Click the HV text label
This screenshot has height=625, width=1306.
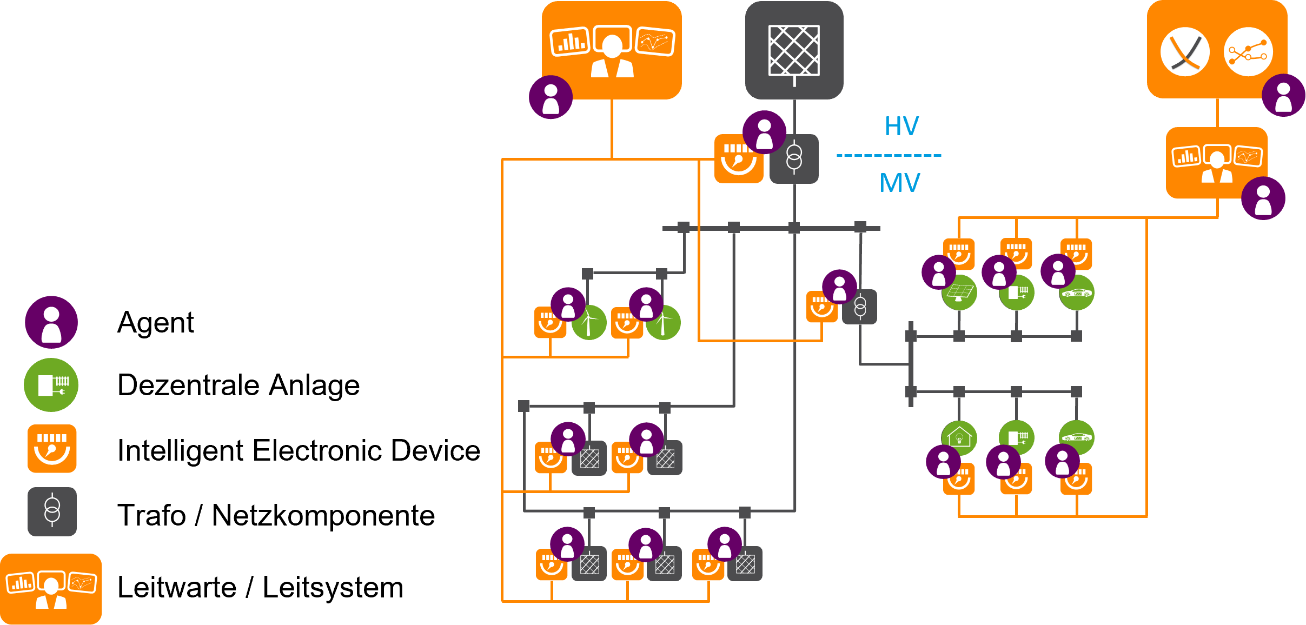click(x=901, y=126)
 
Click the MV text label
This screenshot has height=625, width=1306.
click(x=900, y=183)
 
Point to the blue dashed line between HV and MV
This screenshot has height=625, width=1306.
click(x=889, y=155)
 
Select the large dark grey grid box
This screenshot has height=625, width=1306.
click(x=794, y=50)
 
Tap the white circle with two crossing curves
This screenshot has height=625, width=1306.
click(x=1185, y=52)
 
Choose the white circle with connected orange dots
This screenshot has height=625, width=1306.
click(x=1248, y=52)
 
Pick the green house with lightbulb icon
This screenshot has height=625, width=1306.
click(x=959, y=437)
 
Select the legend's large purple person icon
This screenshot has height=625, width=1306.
click(x=51, y=322)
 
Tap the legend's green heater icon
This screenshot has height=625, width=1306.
click(x=51, y=385)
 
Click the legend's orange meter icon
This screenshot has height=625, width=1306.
click(x=52, y=449)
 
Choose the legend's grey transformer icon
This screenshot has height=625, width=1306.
click(x=52, y=511)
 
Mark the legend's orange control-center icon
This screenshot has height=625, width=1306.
click(x=51, y=589)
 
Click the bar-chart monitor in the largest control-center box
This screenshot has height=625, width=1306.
click(x=569, y=42)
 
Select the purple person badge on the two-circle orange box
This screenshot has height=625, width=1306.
click(x=1283, y=96)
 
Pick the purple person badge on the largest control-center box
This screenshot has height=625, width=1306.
click(x=551, y=97)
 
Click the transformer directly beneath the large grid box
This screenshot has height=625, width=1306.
click(x=794, y=159)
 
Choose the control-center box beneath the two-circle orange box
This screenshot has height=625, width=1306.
click(x=1217, y=162)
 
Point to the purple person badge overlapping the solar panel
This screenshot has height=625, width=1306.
click(x=939, y=272)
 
